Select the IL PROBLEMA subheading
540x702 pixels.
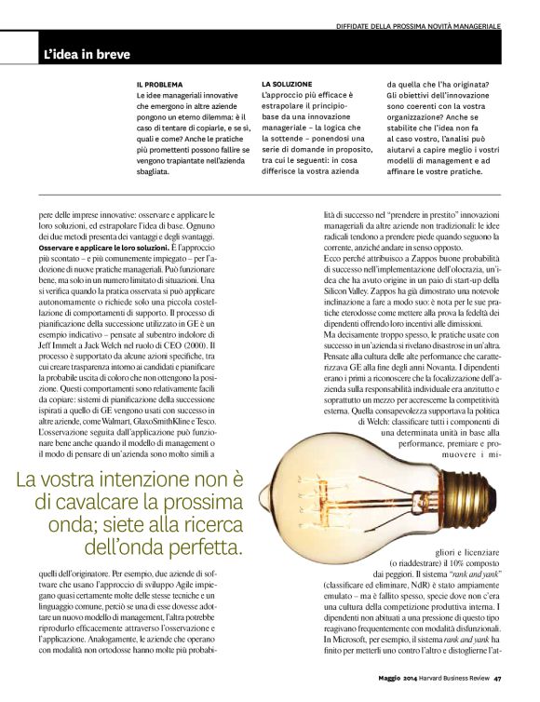pos(159,85)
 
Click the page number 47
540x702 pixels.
pos(498,690)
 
